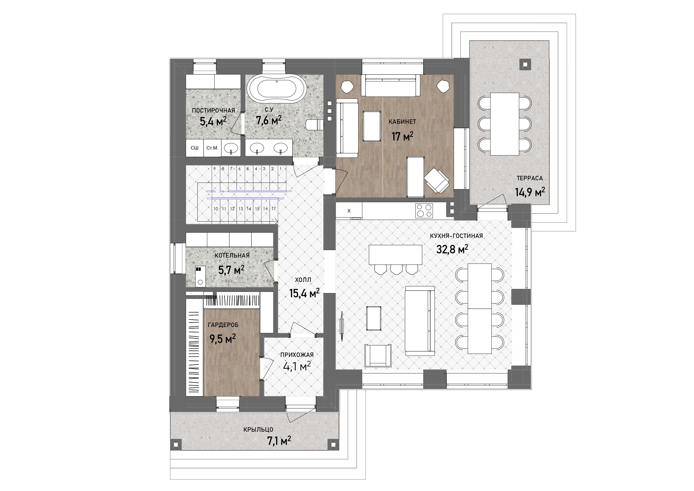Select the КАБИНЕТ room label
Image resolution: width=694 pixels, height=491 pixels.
coord(402,121)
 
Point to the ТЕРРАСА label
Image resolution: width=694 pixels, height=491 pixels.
coord(530,178)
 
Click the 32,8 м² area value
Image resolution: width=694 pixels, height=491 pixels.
coord(452,249)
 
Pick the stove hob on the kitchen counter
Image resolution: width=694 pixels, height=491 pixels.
coord(424,211)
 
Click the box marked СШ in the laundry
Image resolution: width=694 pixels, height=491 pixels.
coord(195,148)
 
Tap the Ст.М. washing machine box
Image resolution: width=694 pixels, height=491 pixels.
coord(213,148)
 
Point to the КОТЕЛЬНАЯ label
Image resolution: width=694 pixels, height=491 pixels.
coord(232,255)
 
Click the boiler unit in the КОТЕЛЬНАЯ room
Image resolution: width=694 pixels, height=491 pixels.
coord(200,276)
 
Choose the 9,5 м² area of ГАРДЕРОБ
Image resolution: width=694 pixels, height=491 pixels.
coord(223,339)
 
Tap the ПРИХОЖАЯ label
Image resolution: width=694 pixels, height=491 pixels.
coord(297,355)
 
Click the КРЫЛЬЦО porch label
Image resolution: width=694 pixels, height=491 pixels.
coord(258,429)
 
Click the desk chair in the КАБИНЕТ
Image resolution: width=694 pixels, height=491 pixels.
coord(437,180)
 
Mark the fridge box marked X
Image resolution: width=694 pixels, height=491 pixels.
coord(349,211)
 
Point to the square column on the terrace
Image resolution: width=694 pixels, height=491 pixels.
coord(526,64)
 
